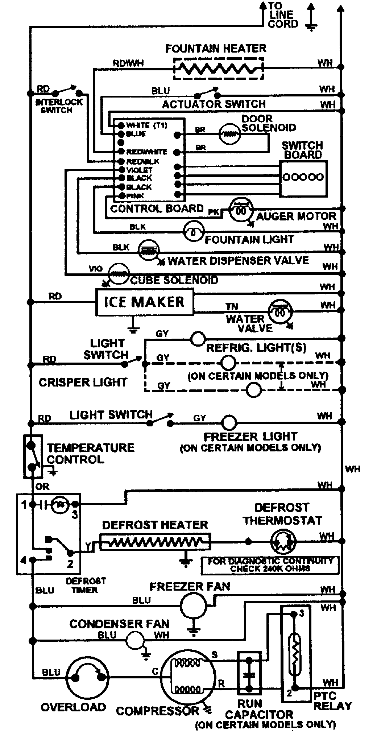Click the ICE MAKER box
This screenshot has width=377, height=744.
[x=144, y=302]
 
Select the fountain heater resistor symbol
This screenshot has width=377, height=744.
[x=218, y=68]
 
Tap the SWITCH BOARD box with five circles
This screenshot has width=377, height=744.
[x=303, y=178]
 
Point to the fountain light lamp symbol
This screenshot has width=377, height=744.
[x=193, y=231]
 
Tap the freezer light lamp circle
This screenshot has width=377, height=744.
[x=229, y=422]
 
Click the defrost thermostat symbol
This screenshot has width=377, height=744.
[x=283, y=542]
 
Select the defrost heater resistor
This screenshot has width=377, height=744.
[x=155, y=542]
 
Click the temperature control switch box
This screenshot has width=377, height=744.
[x=33, y=456]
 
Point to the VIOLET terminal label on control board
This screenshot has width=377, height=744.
[x=139, y=170]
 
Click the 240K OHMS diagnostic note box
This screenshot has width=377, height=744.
[x=270, y=565]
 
